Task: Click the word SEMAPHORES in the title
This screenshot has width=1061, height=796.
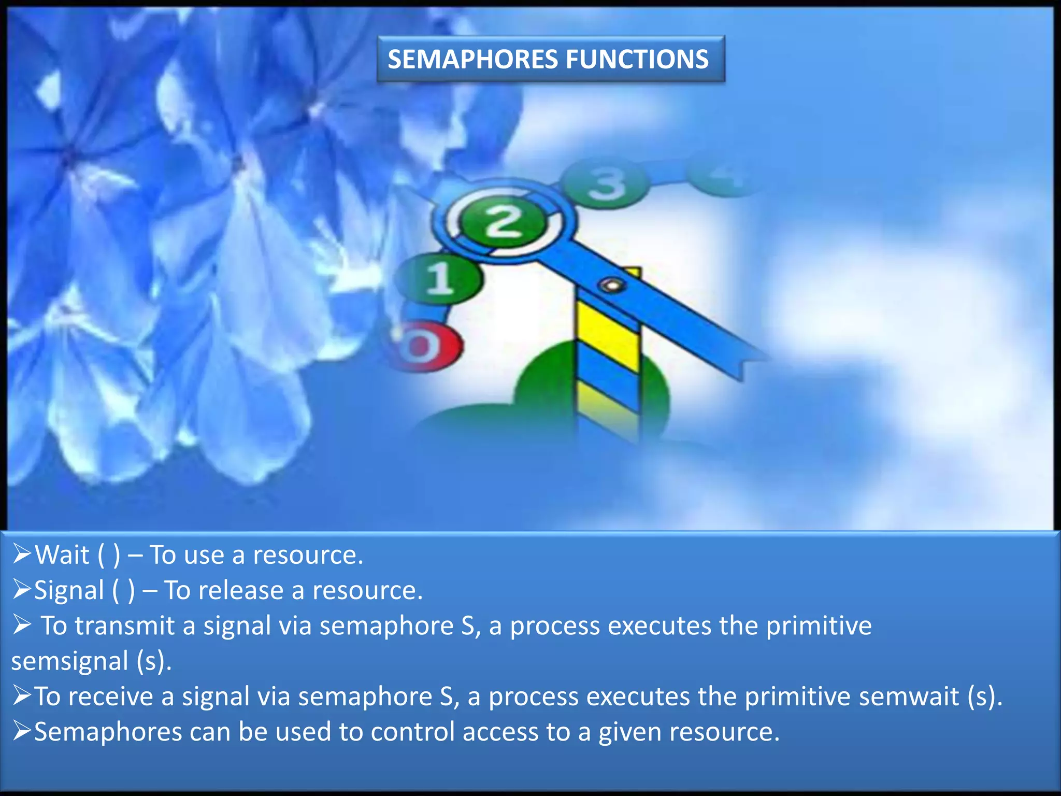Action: pyautogui.click(x=474, y=59)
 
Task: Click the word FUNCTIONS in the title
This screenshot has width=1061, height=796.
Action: pyautogui.click(x=637, y=59)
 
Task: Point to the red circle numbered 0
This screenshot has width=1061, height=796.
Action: pyautogui.click(x=422, y=346)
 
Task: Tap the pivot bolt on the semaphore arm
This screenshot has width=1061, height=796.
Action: pyautogui.click(x=612, y=285)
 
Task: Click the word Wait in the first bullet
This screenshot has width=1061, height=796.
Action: pyautogui.click(x=62, y=555)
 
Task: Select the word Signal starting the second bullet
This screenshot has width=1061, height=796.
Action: pyautogui.click(x=69, y=590)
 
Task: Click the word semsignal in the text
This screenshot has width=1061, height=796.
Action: pyautogui.click(x=70, y=661)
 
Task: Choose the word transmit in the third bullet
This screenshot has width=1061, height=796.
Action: pyautogui.click(x=124, y=626)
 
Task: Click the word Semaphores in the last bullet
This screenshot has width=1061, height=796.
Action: pyautogui.click(x=108, y=732)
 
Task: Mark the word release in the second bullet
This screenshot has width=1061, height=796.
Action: pyautogui.click(x=241, y=590)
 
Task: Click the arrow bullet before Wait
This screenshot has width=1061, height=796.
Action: pyautogui.click(x=22, y=554)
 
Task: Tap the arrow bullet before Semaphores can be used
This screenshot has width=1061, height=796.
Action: pyautogui.click(x=22, y=731)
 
